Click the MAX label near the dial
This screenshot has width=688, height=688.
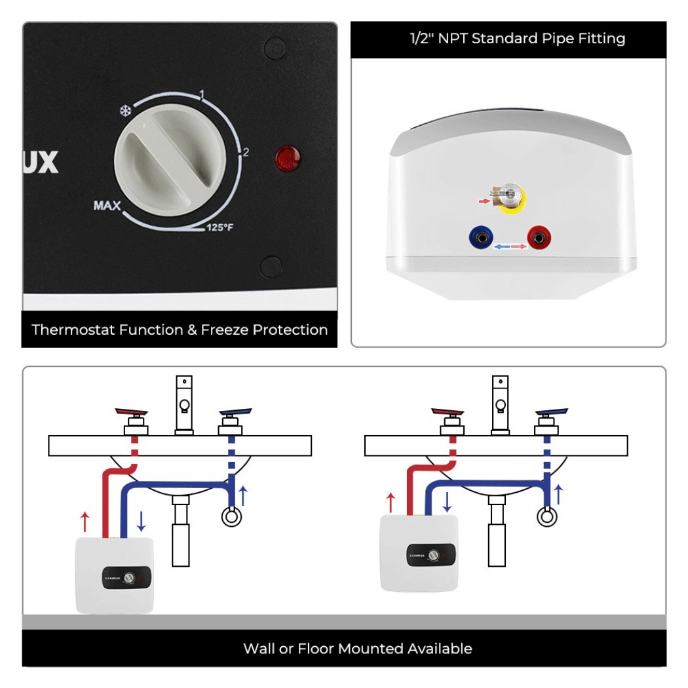pos(107,206)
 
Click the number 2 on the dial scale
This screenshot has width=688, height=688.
pos(246,153)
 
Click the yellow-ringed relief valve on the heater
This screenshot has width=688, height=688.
pos(511,199)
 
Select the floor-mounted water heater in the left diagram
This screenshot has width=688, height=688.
pos(115,575)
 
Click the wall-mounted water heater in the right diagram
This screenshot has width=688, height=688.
pos(419,552)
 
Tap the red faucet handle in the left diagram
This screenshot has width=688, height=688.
pos(133,413)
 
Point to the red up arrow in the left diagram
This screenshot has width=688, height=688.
pos(85,522)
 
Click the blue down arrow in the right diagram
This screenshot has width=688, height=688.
pos(447,502)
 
